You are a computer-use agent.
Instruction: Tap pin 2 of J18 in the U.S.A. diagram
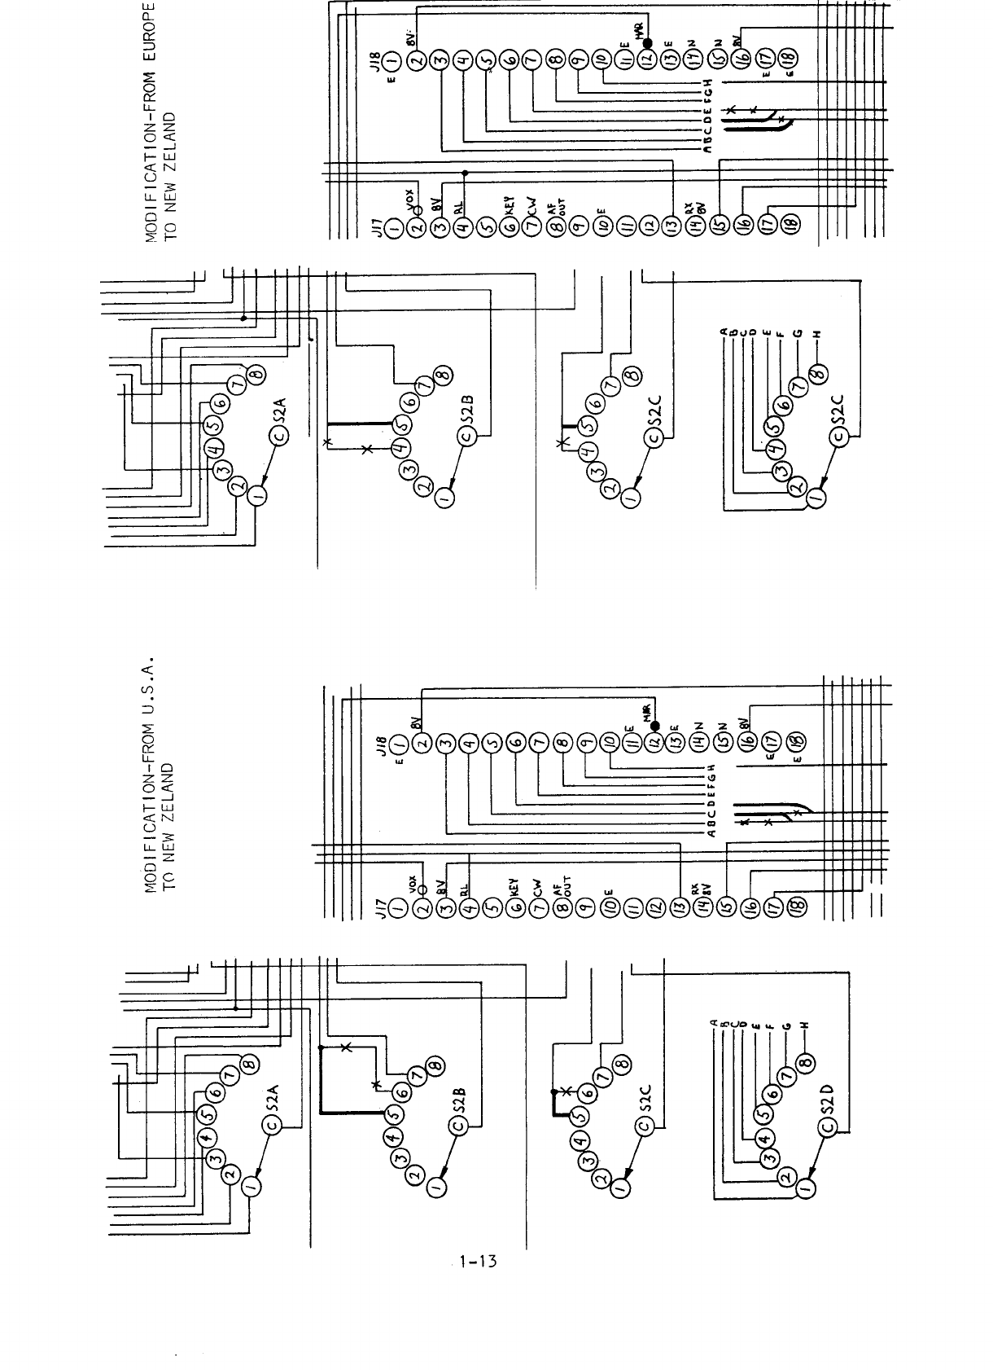click(x=422, y=745)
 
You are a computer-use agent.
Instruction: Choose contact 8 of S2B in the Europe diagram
click(x=443, y=374)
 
